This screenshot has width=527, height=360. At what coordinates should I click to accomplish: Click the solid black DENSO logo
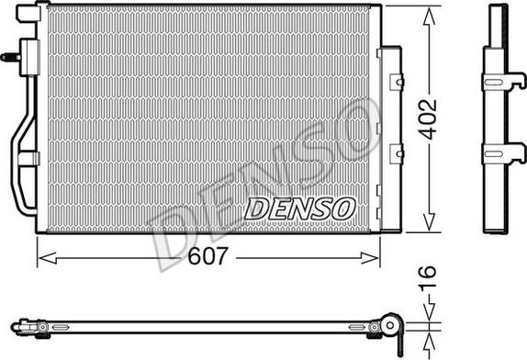(298, 208)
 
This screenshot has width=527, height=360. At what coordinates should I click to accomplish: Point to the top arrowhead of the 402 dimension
(426, 13)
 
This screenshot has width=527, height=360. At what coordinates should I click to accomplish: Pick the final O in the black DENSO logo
(342, 208)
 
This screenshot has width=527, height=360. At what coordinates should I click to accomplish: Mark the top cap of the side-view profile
(498, 8)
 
